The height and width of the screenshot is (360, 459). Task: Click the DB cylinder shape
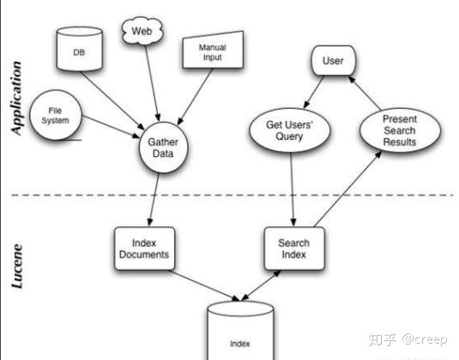(79, 49)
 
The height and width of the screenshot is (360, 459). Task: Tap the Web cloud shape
(142, 31)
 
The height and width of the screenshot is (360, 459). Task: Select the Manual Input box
(213, 50)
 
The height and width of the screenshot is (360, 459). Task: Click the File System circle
(56, 115)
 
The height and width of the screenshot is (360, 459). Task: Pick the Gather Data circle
(163, 147)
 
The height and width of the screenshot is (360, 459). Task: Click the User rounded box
(333, 61)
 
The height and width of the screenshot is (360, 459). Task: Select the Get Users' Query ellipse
(289, 130)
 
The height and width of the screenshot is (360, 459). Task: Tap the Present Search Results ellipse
(400, 130)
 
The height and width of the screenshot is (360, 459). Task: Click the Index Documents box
(144, 249)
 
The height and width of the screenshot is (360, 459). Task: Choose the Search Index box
(294, 249)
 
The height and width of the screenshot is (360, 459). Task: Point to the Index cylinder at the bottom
(240, 331)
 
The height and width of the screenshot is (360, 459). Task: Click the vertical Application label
(16, 99)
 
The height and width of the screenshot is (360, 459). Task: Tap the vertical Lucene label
(16, 266)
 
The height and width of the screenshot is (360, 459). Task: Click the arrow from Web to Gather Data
(152, 83)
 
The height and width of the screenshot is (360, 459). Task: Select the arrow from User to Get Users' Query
(313, 92)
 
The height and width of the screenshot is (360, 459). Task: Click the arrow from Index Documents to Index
(206, 285)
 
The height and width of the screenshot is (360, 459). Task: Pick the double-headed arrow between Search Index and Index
(261, 285)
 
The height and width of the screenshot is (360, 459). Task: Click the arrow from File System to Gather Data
(111, 127)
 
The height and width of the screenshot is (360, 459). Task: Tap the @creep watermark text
(425, 339)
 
